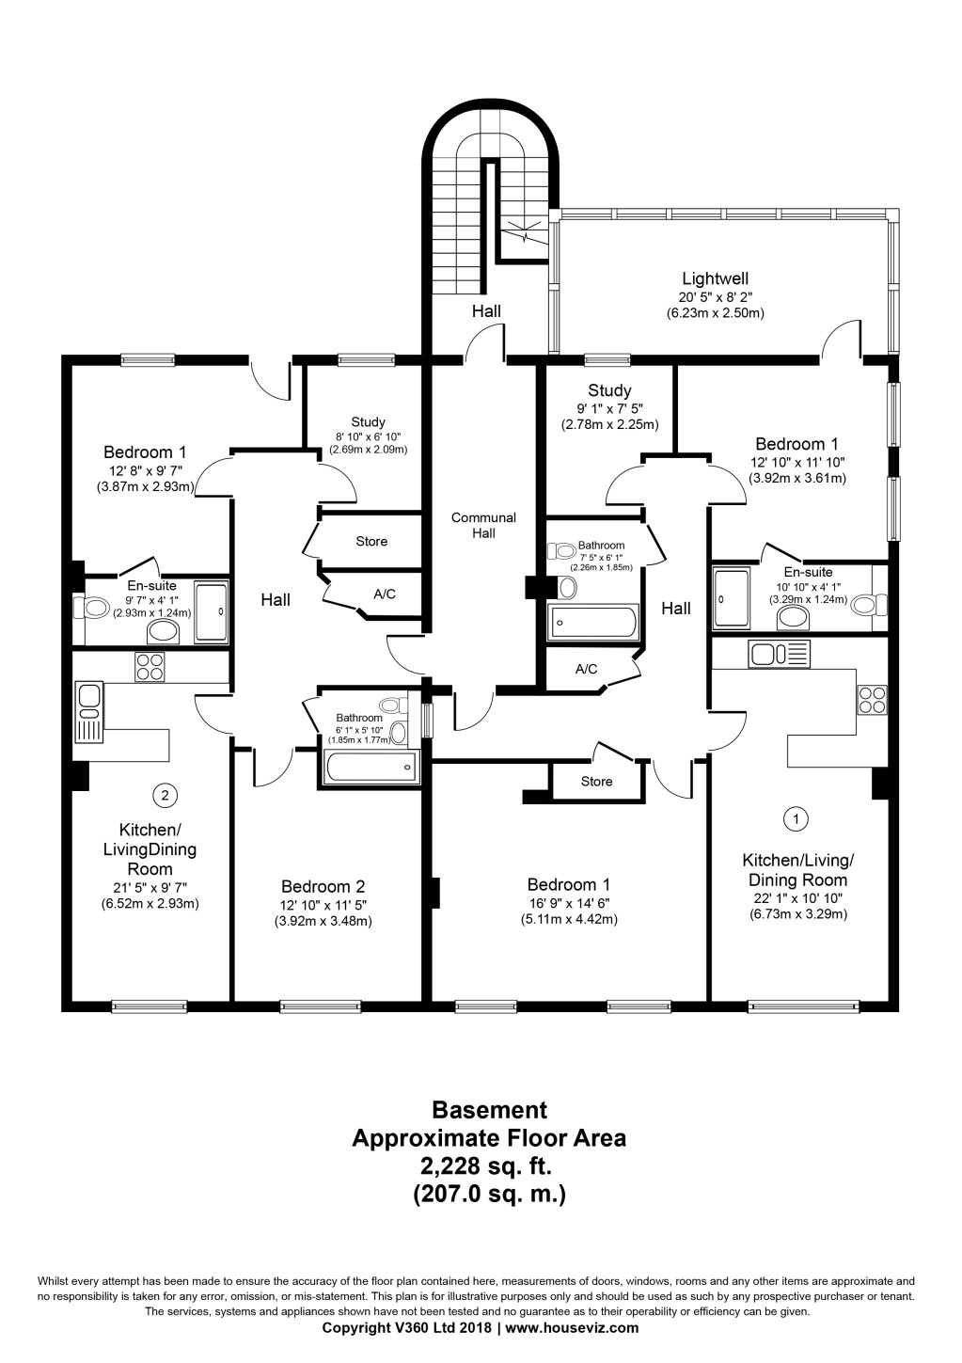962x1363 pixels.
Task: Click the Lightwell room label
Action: point(715,278)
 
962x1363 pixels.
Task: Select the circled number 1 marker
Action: point(796,818)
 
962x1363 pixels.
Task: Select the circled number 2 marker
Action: point(165,796)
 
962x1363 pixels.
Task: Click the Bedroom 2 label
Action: point(323,886)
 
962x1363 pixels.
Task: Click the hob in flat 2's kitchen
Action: point(150,666)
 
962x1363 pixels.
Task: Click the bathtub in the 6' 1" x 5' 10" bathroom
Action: point(370,767)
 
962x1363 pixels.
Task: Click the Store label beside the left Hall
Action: point(371,542)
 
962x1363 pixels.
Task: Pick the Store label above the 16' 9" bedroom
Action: point(596,782)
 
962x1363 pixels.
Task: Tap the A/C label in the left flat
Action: point(384,594)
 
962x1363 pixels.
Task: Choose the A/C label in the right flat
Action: point(586,670)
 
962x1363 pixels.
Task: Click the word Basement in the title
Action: point(488,1111)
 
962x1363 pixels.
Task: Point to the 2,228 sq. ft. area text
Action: point(488,1166)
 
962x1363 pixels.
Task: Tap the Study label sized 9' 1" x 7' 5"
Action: point(609,390)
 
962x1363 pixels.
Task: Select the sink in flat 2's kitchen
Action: point(88,697)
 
